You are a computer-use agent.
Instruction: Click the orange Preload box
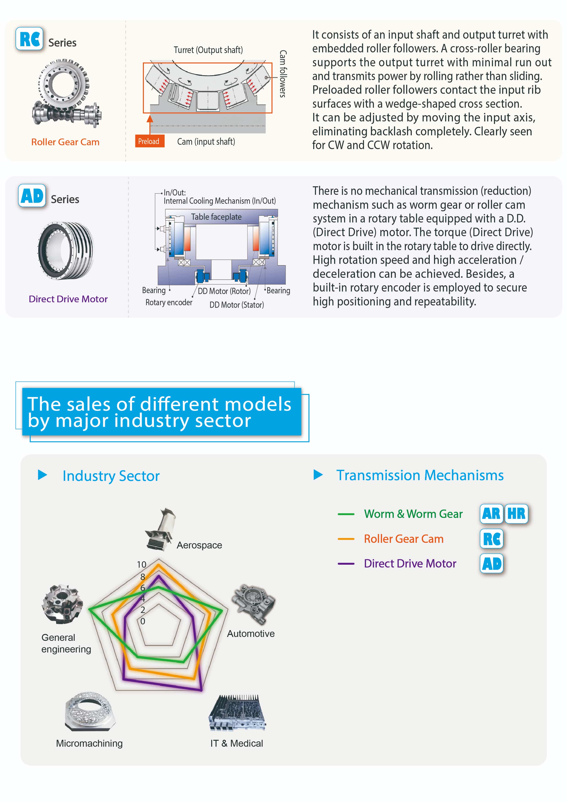point(150,141)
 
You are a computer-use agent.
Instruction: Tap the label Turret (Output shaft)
point(208,50)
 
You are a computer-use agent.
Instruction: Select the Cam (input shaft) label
point(206,142)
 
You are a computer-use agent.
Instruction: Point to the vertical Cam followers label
point(283,73)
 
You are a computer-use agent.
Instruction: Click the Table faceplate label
point(216,217)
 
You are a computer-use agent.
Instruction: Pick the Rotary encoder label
point(169,302)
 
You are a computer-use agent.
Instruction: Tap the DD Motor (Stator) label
point(236,305)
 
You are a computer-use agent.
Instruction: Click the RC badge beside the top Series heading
point(30,39)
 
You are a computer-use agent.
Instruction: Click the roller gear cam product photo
point(66,92)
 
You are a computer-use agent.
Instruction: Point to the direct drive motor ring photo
point(65,250)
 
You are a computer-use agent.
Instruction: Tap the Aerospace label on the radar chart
point(199,545)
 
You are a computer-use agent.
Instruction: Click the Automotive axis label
point(251,634)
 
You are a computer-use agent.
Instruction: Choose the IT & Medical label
point(236,743)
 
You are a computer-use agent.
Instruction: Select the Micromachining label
point(89,743)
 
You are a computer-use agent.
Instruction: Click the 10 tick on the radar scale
point(142,564)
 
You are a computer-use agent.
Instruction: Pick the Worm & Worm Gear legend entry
point(413,514)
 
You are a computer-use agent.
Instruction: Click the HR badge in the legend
point(516,514)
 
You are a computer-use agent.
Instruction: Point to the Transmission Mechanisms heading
point(420,475)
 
